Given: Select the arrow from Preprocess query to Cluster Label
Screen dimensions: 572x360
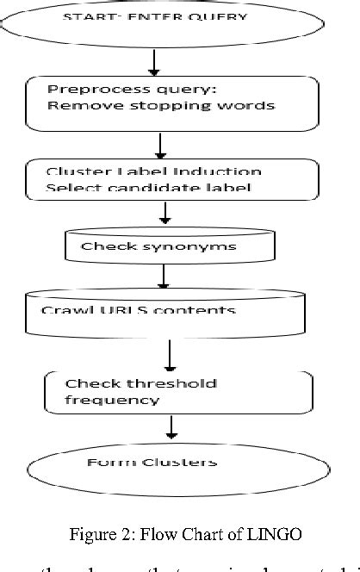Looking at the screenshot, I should (x=159, y=143).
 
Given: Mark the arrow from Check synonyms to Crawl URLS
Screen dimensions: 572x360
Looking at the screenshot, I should (x=161, y=277).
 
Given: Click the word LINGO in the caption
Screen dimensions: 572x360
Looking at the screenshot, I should (x=277, y=535).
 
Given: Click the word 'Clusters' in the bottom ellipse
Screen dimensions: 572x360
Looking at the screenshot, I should (x=182, y=463).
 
